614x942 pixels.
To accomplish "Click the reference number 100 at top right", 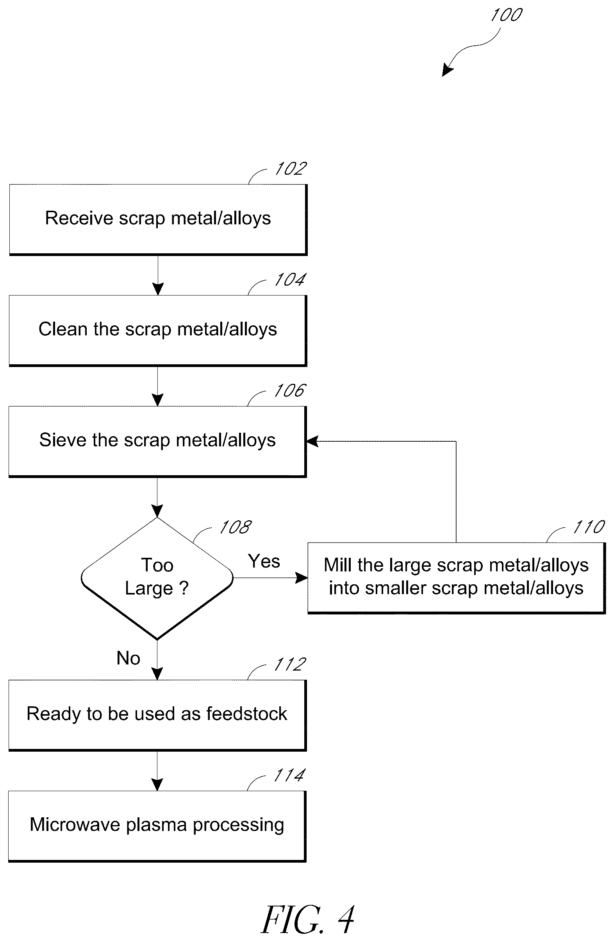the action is point(506,15).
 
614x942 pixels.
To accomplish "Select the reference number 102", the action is point(291,168).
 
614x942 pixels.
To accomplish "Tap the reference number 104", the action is point(290,279).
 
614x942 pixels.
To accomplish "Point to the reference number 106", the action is point(290,390).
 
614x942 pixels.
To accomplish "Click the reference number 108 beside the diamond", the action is point(236,527).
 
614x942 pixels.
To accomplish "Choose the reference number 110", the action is point(589,527).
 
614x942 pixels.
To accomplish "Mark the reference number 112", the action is point(290,664).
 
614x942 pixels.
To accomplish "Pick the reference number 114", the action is point(289,775).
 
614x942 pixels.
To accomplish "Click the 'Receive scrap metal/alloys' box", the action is point(158,219).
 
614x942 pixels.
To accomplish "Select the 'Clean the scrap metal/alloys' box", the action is point(158,331).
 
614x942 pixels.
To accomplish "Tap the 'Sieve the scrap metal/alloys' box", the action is point(157,441).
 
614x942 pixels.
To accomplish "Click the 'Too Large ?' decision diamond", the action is point(157,578).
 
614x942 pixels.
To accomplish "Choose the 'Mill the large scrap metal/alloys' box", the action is point(457,578).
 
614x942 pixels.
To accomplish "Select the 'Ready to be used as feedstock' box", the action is point(157,715).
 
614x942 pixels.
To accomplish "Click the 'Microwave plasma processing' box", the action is point(157,826).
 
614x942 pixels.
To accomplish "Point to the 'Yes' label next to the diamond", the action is point(264,561).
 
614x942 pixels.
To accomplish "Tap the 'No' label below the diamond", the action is point(128,658).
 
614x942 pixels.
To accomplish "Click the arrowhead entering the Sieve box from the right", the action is point(312,441).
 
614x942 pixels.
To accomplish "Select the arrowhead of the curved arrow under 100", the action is point(447,70).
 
